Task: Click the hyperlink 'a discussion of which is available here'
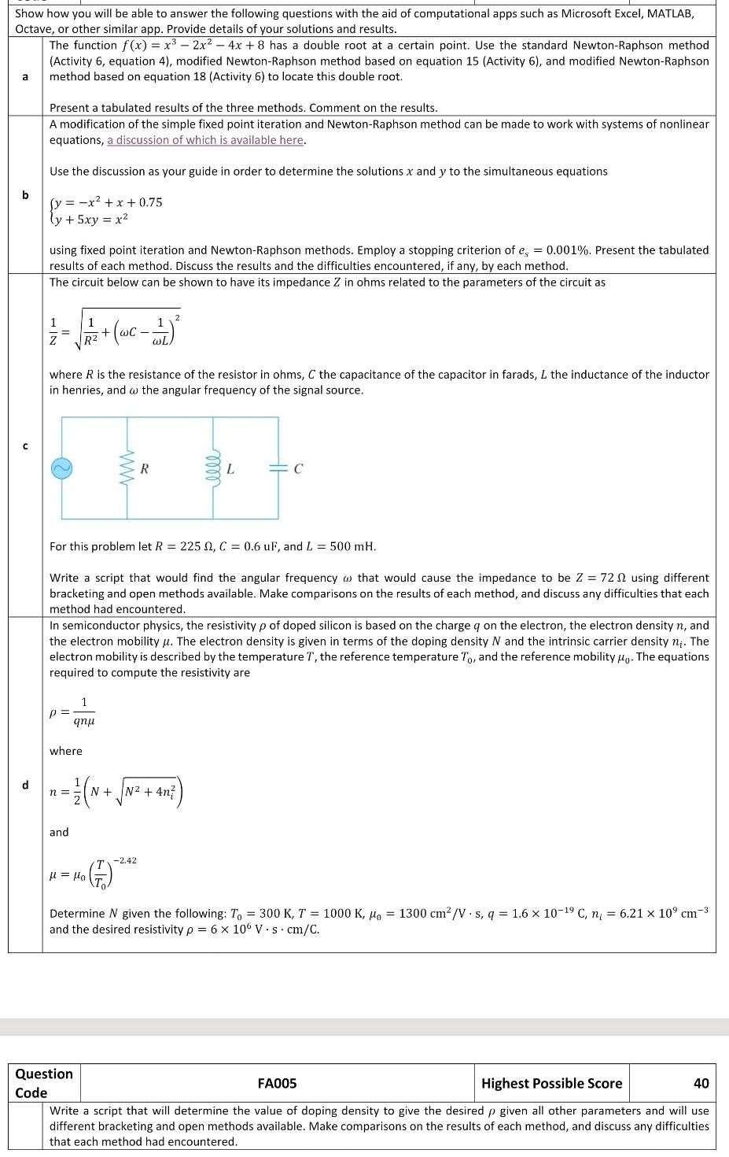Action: pos(206,140)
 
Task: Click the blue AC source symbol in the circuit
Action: pos(62,468)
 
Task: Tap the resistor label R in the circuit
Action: pos(144,469)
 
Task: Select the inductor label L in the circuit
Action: pos(230,469)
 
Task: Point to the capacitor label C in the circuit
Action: pos(298,470)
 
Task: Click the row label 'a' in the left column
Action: pos(25,76)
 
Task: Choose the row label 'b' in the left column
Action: pos(25,194)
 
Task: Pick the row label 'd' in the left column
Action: pos(25,785)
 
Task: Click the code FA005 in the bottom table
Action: pos(277,1083)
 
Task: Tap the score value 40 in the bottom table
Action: pos(701,1083)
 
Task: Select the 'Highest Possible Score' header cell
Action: pos(551,1083)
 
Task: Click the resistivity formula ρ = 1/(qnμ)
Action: pos(75,712)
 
